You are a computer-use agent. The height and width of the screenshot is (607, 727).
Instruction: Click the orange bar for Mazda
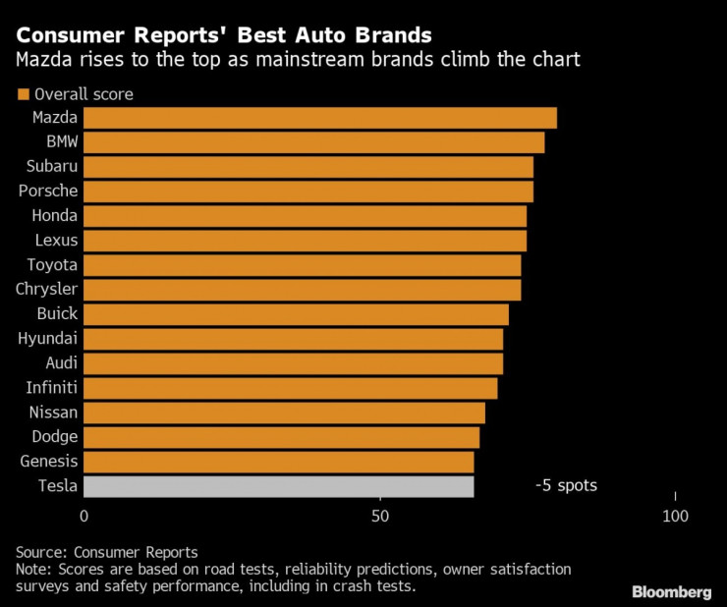click(x=320, y=118)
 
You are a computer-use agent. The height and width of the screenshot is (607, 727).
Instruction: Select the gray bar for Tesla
click(x=279, y=486)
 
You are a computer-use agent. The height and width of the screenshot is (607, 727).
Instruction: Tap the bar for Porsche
click(x=308, y=192)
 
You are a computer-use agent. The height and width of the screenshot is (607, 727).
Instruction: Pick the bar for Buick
click(x=296, y=314)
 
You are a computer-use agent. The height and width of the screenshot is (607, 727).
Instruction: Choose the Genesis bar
click(x=279, y=462)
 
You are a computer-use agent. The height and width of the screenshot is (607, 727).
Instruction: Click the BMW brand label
click(x=62, y=142)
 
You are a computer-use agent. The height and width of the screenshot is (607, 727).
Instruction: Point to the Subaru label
click(x=53, y=167)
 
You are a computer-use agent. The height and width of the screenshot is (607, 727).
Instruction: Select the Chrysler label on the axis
click(x=47, y=290)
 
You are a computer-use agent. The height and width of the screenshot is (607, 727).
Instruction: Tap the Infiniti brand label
click(x=52, y=388)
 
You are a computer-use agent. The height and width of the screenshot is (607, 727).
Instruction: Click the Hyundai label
click(x=48, y=339)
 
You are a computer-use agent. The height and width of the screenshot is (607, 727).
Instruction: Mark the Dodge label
click(x=54, y=437)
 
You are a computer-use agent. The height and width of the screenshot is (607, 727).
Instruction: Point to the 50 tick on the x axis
click(x=379, y=517)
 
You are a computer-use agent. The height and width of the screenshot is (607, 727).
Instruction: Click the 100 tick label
click(x=675, y=517)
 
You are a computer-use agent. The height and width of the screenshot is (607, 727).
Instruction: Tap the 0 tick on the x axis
click(x=84, y=517)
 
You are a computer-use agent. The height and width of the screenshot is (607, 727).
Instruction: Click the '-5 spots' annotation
click(x=566, y=485)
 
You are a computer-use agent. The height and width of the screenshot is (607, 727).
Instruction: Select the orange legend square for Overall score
click(x=23, y=95)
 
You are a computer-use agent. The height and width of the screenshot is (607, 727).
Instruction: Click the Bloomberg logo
click(x=671, y=591)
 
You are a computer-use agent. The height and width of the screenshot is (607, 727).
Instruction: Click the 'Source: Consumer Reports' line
click(x=107, y=552)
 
